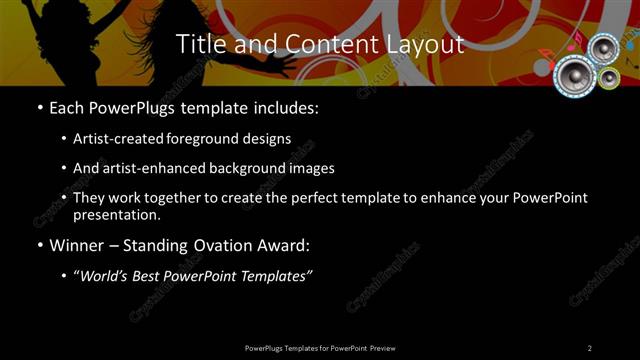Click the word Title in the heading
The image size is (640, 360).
coord(199,45)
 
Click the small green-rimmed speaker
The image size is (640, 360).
coord(609,76)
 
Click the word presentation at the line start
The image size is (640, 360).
coord(117,214)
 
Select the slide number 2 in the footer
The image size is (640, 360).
coord(590,347)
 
